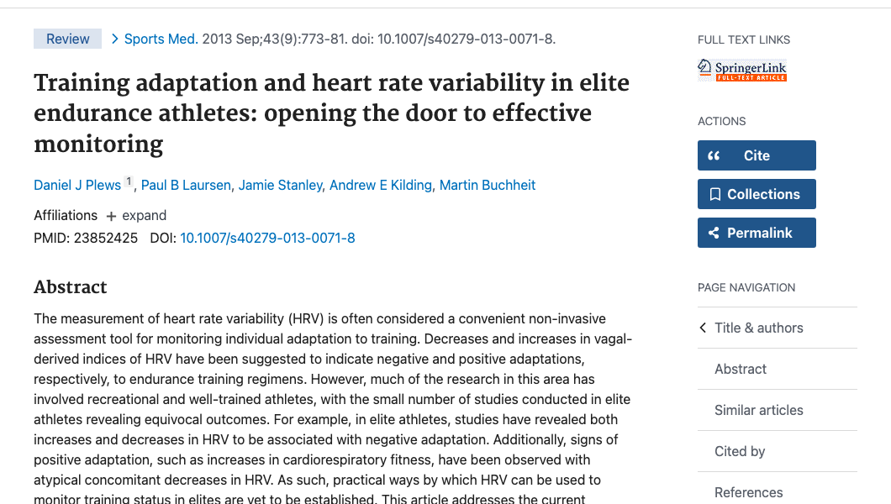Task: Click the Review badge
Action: point(67,39)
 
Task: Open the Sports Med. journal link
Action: point(161,39)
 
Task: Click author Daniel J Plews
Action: point(77,185)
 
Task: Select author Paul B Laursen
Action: point(186,185)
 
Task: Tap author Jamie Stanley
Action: point(280,185)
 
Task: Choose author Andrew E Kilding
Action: point(380,185)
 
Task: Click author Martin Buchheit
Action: point(488,185)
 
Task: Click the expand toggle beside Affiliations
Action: point(136,215)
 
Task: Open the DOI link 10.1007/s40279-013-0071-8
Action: point(267,238)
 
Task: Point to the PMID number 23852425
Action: point(106,238)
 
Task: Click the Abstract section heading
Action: point(71,287)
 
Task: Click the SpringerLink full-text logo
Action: point(742,71)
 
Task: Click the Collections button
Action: point(757,194)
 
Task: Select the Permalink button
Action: point(757,233)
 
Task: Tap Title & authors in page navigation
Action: point(758,328)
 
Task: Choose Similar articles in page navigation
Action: point(758,410)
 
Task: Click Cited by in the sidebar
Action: point(740,451)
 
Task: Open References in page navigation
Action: point(748,492)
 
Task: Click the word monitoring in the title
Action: point(98,144)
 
